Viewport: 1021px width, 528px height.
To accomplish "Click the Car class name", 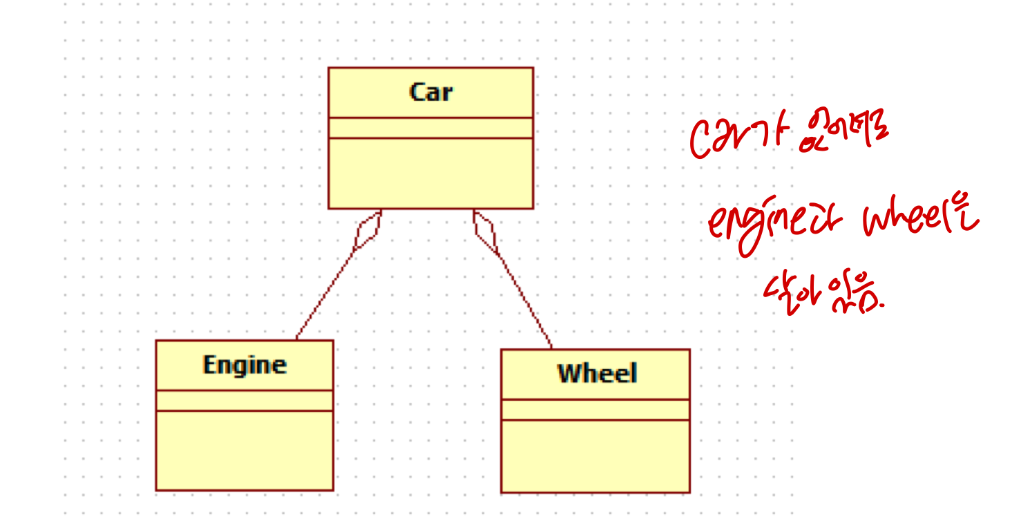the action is coord(430,92).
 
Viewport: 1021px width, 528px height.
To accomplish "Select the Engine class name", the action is coord(245,365).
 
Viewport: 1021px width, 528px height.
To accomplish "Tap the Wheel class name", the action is coord(597,374).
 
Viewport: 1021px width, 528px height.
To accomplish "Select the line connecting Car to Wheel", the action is coord(525,297).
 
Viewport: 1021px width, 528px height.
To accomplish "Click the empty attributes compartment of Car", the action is coord(430,128).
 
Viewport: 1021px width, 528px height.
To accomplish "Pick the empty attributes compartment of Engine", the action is coord(245,401).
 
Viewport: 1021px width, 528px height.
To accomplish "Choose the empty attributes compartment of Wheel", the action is coord(595,410).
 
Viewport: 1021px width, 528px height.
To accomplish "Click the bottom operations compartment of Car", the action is coord(430,173).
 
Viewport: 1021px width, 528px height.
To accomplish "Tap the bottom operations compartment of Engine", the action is coord(245,450).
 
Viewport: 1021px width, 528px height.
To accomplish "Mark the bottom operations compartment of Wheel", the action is coord(595,455).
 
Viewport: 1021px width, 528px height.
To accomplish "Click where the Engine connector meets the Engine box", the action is coord(296,339).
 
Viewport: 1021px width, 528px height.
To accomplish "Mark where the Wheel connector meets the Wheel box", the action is coord(551,348).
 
